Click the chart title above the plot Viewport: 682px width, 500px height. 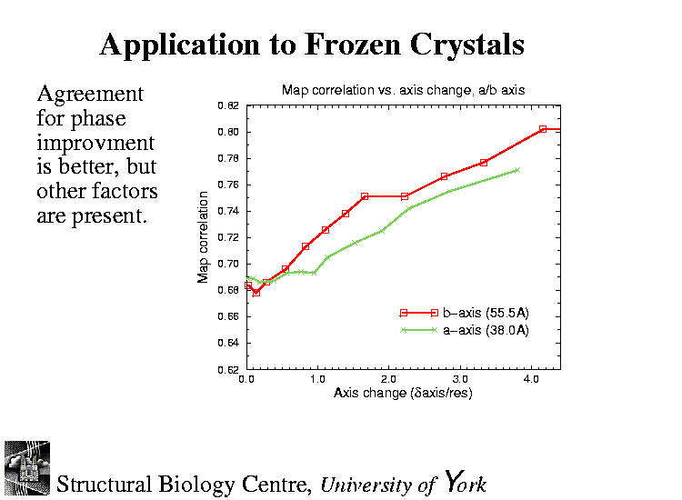click(x=403, y=90)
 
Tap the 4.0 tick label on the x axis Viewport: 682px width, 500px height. click(x=531, y=378)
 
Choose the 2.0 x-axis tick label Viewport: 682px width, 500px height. click(x=388, y=378)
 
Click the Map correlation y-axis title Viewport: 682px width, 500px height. click(x=204, y=237)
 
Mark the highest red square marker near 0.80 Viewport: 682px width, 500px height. click(x=543, y=129)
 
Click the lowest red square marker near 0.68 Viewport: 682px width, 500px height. click(x=256, y=293)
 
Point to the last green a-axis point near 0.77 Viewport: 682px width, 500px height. click(x=517, y=170)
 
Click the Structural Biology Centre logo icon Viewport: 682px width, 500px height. click(x=26, y=468)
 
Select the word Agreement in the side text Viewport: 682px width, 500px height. click(x=89, y=95)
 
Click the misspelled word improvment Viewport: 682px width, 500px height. click(x=95, y=144)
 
